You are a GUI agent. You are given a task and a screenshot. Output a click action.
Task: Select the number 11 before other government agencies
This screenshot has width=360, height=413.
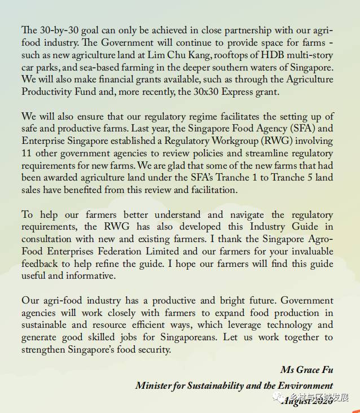point(27,153)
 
